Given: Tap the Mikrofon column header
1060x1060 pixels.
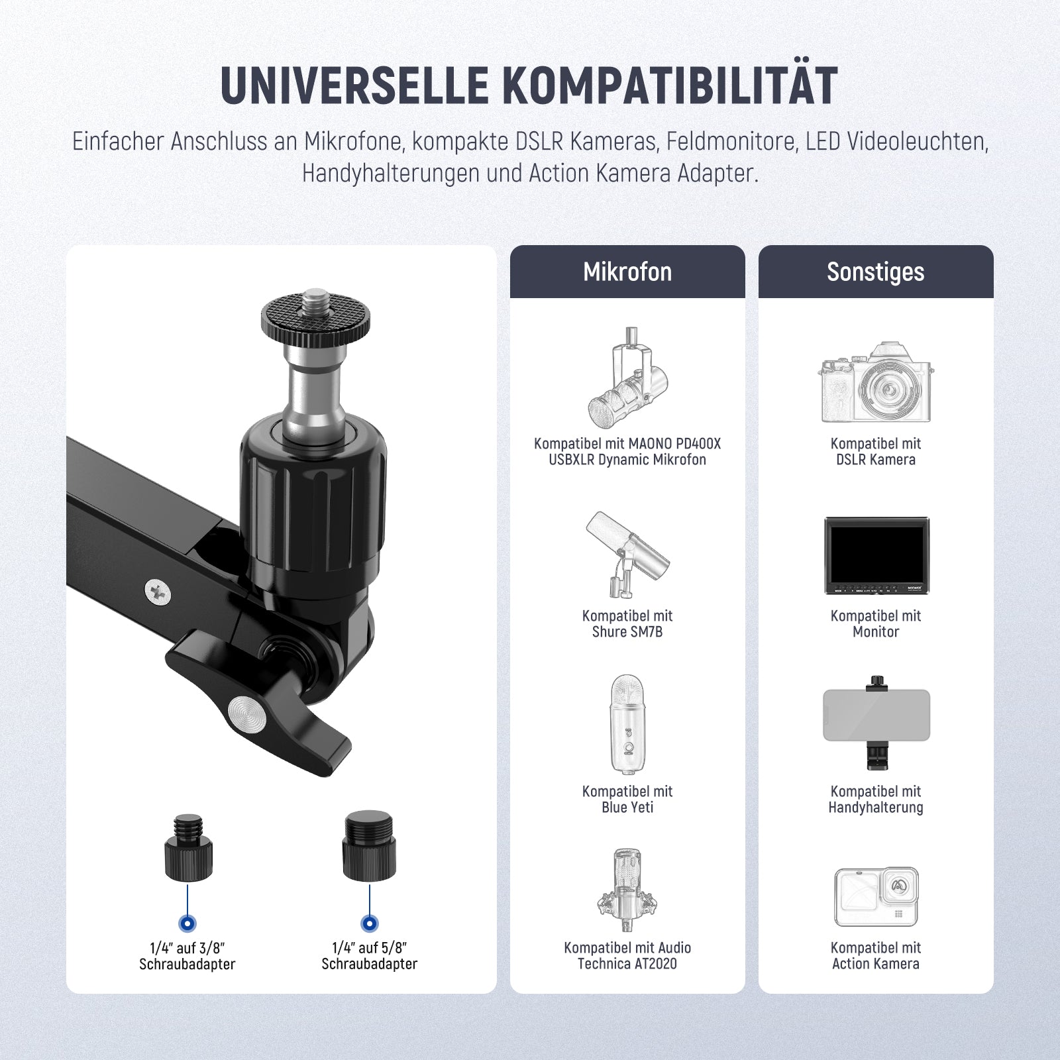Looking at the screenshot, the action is pos(627,272).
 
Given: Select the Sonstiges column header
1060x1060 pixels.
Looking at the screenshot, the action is pos(876,272).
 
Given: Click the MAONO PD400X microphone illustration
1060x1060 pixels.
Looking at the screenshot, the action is pos(627,377).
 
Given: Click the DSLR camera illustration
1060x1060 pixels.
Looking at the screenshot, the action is pos(876,382).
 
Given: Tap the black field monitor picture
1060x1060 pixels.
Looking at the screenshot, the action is pos(876,555).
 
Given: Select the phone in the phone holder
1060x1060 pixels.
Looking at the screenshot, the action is pos(876,715).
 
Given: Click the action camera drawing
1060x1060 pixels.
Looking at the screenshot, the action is pos(876,896).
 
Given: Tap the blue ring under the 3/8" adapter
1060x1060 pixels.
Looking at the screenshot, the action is pos(187,924).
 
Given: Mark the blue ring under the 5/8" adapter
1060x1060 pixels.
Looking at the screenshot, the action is pos(369,924).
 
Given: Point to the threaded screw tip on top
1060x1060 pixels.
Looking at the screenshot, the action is pos(316,300).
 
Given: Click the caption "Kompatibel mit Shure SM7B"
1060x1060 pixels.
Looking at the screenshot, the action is pos(627,623).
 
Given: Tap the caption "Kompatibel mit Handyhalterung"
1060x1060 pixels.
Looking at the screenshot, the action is pos(876,799).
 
